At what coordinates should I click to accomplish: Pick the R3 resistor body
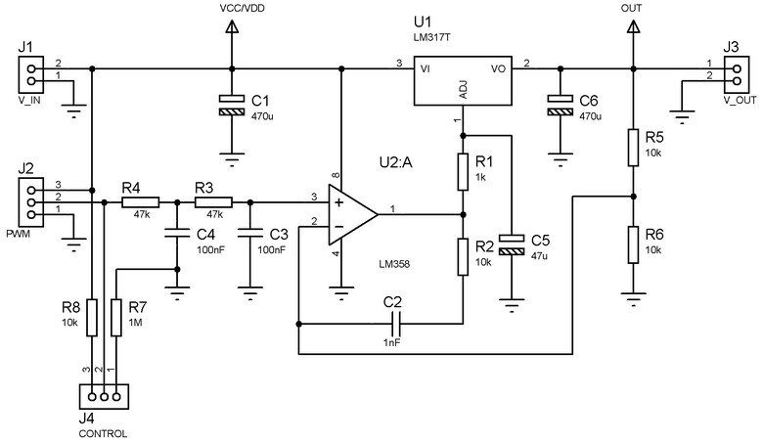click(213, 203)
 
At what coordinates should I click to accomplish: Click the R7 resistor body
click(116, 317)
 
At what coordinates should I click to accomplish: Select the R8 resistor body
click(92, 317)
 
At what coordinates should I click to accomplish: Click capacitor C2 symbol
click(395, 322)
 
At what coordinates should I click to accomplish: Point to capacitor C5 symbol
click(511, 244)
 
